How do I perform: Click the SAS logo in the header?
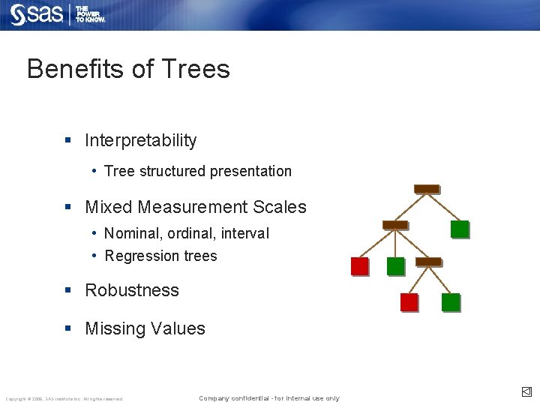click(x=36, y=14)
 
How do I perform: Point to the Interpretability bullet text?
click(x=140, y=140)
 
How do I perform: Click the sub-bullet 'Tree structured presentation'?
click(x=198, y=171)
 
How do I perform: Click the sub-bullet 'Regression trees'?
click(x=160, y=256)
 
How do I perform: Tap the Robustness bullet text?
click(x=132, y=290)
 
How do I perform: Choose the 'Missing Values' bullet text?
click(x=145, y=328)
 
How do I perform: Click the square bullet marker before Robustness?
click(x=68, y=290)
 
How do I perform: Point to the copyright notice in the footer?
click(x=64, y=399)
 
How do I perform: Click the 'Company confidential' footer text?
click(x=268, y=398)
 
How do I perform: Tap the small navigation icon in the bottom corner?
click(x=526, y=391)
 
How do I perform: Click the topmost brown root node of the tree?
click(x=427, y=188)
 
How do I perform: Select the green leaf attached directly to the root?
click(x=460, y=229)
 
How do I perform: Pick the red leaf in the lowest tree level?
click(x=409, y=302)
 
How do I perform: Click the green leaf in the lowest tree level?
click(x=451, y=302)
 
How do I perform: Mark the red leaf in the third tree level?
click(x=360, y=266)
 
